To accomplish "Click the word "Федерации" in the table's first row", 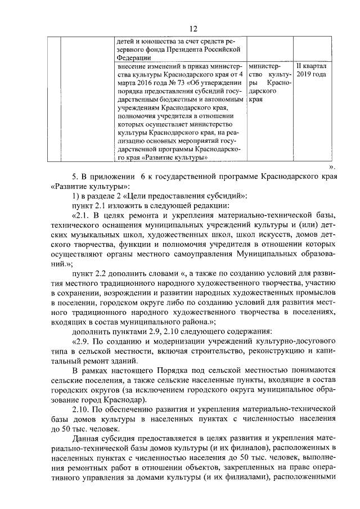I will (x=133, y=57).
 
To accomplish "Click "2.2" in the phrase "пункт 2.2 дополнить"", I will (x=102, y=272).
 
